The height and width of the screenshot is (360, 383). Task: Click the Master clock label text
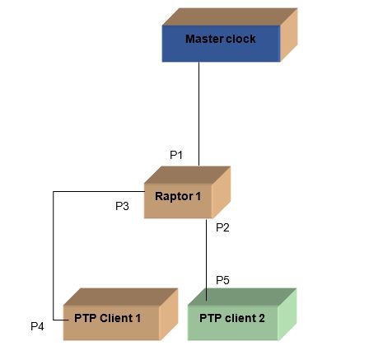click(x=221, y=39)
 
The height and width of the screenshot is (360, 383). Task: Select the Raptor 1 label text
click(x=178, y=197)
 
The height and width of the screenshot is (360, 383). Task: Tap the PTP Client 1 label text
click(x=107, y=318)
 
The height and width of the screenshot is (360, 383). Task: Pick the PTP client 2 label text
click(x=232, y=318)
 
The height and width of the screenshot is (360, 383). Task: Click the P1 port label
click(x=176, y=155)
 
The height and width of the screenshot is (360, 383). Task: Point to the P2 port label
click(x=222, y=227)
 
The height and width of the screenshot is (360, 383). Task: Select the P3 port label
click(x=122, y=206)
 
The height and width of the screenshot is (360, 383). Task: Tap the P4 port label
click(x=37, y=326)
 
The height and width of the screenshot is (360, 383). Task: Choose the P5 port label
click(x=222, y=280)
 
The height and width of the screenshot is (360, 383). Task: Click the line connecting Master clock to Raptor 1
click(x=199, y=114)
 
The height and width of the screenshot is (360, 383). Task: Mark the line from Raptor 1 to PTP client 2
click(x=206, y=260)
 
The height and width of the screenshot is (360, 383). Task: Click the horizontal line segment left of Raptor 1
click(x=99, y=191)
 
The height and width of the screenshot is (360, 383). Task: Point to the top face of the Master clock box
click(x=230, y=17)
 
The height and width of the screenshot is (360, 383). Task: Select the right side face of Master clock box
click(x=289, y=35)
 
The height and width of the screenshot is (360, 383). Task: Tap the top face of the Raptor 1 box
click(x=187, y=175)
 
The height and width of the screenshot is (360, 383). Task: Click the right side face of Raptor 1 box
click(x=222, y=192)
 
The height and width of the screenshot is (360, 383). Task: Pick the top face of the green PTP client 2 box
click(x=242, y=297)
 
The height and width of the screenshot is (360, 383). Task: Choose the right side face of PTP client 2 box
click(x=287, y=315)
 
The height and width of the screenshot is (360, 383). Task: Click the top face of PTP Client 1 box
click(x=121, y=297)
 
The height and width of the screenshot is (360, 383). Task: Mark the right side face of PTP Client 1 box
click(x=169, y=315)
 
